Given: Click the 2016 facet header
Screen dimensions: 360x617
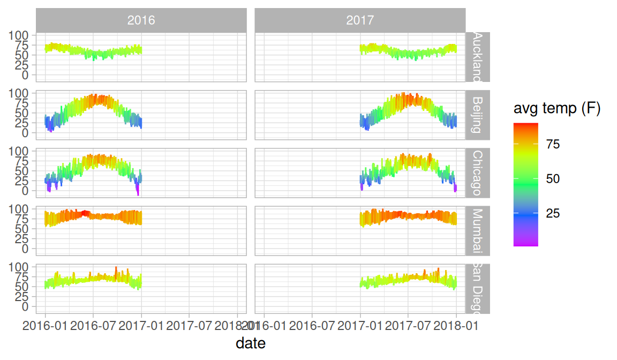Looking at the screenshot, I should pyautogui.click(x=141, y=20).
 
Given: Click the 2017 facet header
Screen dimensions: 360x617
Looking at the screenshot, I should pyautogui.click(x=360, y=20).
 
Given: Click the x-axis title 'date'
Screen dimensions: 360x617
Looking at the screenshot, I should pyautogui.click(x=251, y=343).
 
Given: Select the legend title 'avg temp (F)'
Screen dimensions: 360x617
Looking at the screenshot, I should pyautogui.click(x=557, y=109).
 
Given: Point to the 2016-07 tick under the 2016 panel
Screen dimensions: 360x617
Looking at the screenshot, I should pyautogui.click(x=93, y=325).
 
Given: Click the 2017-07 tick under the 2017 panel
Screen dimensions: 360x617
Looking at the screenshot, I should pyautogui.click(x=408, y=325).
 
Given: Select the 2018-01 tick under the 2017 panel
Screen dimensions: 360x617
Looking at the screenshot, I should pyautogui.click(x=456, y=325).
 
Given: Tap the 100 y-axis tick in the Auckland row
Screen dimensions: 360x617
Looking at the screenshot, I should pyautogui.click(x=20, y=35).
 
